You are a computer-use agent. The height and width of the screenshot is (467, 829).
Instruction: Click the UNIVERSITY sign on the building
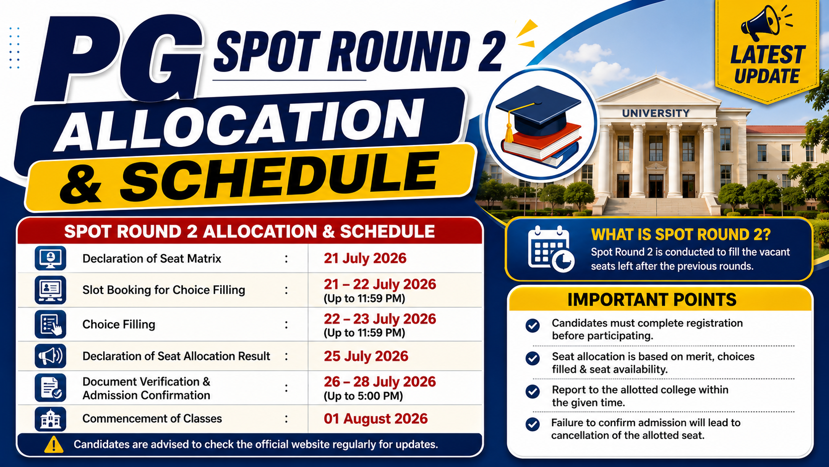[656, 113]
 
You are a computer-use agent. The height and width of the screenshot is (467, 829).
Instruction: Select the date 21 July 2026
[365, 258]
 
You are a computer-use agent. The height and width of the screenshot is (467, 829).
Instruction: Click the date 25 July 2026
[365, 356]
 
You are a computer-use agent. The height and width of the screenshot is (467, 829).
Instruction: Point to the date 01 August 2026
[376, 418]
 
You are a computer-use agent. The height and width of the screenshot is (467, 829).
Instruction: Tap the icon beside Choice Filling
[51, 325]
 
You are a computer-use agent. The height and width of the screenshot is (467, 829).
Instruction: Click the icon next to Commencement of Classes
[51, 419]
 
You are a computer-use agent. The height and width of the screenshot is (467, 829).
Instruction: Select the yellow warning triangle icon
[54, 444]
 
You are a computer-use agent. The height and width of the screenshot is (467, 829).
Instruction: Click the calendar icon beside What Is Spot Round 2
[551, 249]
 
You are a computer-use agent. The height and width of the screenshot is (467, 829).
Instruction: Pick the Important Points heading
[651, 300]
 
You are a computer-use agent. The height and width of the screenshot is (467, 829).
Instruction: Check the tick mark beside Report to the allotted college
[533, 391]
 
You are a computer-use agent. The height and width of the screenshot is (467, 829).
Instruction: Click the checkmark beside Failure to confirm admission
[533, 424]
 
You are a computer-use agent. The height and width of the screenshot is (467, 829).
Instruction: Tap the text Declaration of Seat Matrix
[151, 259]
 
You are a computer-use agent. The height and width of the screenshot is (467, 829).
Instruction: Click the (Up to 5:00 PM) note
[363, 396]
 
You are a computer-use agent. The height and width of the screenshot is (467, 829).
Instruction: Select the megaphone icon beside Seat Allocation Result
[51, 356]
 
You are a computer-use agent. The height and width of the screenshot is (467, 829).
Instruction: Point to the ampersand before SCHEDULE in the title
[81, 183]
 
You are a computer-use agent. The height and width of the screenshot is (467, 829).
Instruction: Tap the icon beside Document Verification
[51, 388]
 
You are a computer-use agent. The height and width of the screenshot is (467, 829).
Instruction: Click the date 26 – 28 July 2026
[380, 382]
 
